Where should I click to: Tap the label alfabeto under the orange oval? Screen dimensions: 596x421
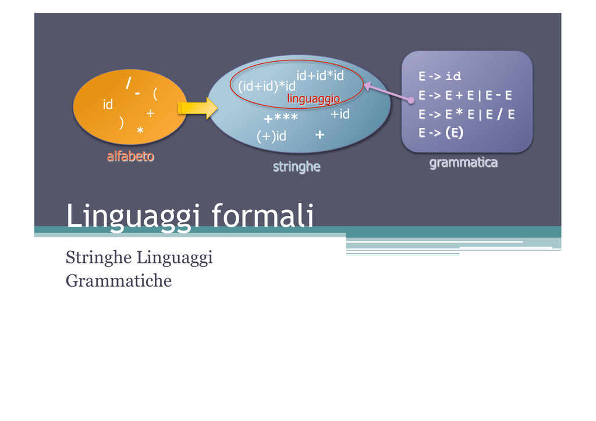130,156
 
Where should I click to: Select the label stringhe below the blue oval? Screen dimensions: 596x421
296,167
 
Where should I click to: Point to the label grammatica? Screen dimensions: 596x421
463,163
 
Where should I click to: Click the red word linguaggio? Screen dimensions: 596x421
314,99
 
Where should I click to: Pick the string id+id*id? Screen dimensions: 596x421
320,76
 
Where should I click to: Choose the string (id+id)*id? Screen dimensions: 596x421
267,86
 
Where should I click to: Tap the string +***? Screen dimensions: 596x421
281,118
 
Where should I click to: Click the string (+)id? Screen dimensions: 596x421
271,136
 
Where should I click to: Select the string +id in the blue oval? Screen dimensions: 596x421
340,114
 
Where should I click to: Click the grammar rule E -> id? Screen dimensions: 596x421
440,76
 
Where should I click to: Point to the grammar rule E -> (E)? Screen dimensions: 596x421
441,133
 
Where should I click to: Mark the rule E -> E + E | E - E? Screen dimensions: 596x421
466,95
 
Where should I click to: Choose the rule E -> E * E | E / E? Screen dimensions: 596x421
467,115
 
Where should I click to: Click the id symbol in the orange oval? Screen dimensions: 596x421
108,105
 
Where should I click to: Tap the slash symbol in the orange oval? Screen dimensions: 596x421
129,83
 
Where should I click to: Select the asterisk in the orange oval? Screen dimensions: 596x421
140,131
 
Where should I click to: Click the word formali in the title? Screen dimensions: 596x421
262,215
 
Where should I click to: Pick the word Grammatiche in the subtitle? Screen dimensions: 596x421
119,281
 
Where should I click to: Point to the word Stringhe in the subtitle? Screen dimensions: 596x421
99,258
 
